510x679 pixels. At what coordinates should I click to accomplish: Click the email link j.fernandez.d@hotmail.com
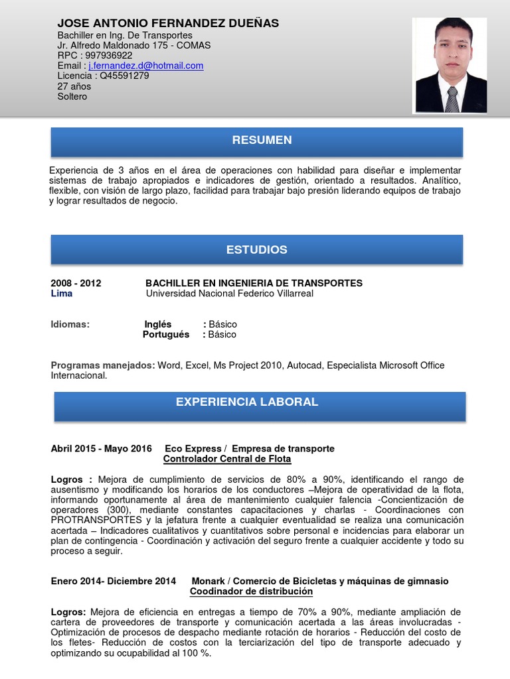(x=145, y=66)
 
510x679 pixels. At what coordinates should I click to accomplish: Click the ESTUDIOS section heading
(x=256, y=250)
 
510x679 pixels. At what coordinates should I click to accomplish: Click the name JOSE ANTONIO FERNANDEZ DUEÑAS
(x=168, y=23)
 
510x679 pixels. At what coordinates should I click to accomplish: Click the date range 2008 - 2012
(x=76, y=283)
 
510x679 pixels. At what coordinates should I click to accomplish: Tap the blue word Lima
(x=62, y=293)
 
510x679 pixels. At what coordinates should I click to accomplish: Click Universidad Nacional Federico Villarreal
(x=229, y=293)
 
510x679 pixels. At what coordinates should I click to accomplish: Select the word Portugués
(x=166, y=334)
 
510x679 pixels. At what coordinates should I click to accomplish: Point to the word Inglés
(x=158, y=324)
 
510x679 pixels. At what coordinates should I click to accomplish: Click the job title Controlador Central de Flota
(x=227, y=459)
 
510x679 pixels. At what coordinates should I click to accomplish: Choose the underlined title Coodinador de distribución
(x=251, y=591)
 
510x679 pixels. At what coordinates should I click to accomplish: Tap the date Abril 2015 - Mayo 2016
(x=102, y=449)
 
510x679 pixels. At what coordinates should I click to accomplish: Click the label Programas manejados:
(x=103, y=365)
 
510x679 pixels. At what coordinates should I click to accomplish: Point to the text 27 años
(x=74, y=86)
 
